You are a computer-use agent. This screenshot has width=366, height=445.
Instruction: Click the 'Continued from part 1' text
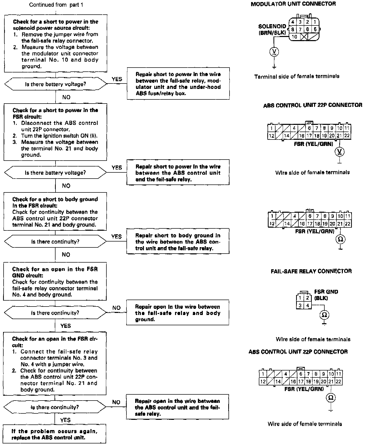(x=56, y=5)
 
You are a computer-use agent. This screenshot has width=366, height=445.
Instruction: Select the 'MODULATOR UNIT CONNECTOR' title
(x=293, y=4)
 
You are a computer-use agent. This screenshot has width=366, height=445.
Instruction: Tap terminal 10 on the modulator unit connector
(x=295, y=37)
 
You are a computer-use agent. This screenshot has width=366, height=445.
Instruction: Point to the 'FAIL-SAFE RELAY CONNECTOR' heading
(x=311, y=271)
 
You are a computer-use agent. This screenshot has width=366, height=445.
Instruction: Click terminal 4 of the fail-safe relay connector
(x=307, y=305)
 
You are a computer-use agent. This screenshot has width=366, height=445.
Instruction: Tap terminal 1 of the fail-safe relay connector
(x=300, y=298)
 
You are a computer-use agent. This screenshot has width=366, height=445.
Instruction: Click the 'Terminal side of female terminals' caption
(x=297, y=76)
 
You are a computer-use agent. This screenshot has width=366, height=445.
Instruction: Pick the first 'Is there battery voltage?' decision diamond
(x=55, y=84)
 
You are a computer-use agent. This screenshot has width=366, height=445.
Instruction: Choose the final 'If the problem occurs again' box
(x=54, y=434)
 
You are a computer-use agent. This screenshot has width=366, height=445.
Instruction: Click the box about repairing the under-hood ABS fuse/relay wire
(x=178, y=84)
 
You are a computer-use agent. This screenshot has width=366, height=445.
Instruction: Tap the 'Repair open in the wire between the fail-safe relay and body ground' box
(x=178, y=313)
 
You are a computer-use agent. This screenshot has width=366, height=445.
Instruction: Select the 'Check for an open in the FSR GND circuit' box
(x=55, y=282)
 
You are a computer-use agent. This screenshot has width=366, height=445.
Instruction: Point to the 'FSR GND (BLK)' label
(x=326, y=295)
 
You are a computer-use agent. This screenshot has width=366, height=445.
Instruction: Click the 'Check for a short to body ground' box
(x=55, y=212)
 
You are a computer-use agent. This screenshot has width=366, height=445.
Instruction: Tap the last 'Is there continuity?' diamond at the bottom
(x=55, y=407)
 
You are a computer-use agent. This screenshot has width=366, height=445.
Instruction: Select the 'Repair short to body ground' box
(x=178, y=242)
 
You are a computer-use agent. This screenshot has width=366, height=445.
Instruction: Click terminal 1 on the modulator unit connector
(x=315, y=22)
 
